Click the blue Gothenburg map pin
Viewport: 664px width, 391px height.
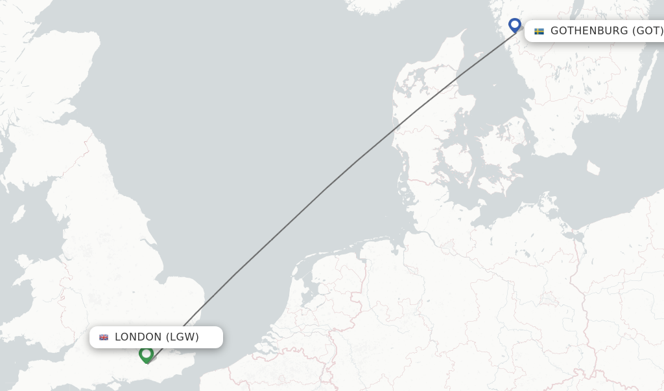[x=515, y=25]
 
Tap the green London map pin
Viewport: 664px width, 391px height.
[x=146, y=354]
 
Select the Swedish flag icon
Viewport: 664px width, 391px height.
[x=539, y=31]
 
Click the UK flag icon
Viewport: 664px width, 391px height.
[x=104, y=337]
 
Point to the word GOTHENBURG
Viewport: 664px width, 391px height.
[x=589, y=31]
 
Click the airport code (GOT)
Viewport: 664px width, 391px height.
[x=648, y=31]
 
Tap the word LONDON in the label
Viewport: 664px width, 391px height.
[x=138, y=337]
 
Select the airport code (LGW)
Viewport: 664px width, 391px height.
[x=182, y=337]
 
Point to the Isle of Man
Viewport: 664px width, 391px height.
[x=18, y=214]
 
